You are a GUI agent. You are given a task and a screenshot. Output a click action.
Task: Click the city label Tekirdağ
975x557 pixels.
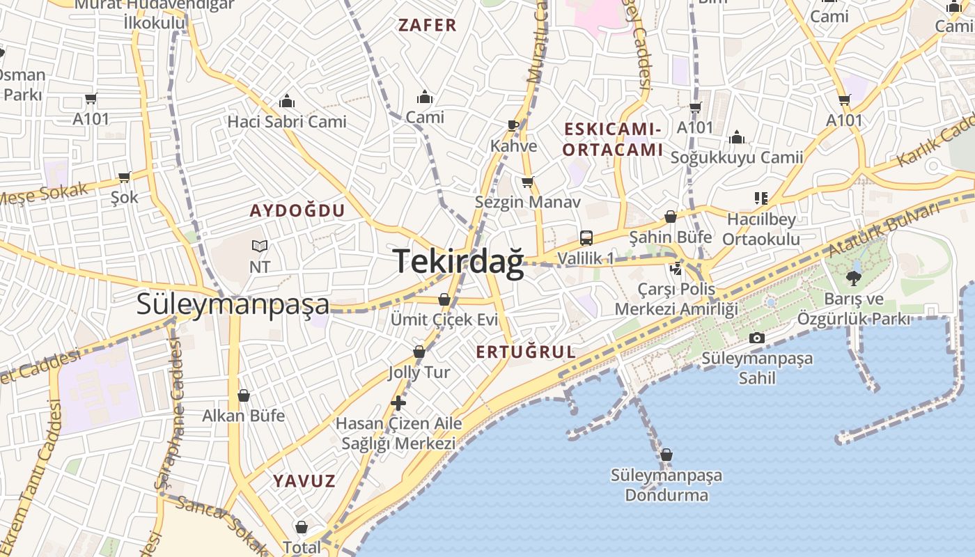click(x=458, y=262)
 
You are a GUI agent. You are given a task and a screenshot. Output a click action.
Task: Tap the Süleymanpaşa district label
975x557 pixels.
click(x=233, y=304)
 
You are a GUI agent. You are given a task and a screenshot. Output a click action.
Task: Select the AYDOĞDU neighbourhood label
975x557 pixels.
click(x=297, y=211)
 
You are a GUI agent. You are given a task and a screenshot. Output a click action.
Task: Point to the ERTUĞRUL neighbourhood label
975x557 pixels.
click(x=526, y=352)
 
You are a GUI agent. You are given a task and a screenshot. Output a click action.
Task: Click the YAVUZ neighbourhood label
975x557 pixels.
click(x=304, y=481)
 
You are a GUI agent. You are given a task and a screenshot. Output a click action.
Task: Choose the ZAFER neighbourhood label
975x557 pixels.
click(x=427, y=26)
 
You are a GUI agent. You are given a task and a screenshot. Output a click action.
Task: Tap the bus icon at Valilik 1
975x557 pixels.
click(x=586, y=238)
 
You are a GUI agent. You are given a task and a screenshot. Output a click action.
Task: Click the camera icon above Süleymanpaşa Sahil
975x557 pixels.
click(x=756, y=338)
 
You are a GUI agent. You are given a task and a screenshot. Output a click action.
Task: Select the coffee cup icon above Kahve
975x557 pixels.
click(x=513, y=126)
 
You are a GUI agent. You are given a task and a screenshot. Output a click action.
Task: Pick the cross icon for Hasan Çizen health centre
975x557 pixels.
click(x=398, y=402)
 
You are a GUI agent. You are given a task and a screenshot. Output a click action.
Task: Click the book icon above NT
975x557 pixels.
click(x=260, y=246)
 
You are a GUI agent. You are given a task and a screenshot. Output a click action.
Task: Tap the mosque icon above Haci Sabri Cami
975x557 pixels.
click(x=287, y=102)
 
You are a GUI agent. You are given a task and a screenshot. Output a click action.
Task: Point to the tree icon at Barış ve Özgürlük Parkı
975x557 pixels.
click(x=853, y=278)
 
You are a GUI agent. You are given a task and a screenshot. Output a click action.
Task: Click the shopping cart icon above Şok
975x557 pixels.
click(x=125, y=177)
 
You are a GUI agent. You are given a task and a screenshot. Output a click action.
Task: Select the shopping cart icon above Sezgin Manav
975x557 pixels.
click(x=527, y=182)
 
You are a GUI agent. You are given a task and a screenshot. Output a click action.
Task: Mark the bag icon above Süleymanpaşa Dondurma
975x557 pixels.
click(x=666, y=455)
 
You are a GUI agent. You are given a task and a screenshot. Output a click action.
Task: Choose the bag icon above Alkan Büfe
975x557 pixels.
click(x=244, y=396)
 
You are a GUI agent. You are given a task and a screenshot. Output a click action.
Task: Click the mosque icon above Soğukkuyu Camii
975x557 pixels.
click(x=737, y=137)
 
